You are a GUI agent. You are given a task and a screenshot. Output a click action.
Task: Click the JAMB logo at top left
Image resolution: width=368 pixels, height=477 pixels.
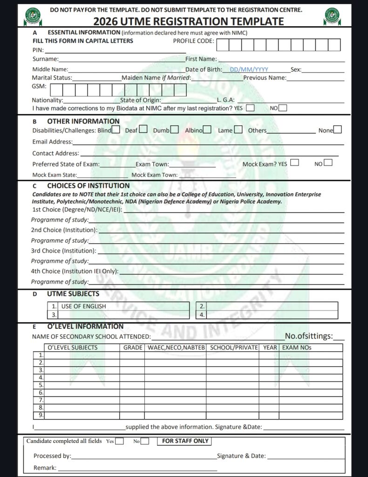pos(32,17)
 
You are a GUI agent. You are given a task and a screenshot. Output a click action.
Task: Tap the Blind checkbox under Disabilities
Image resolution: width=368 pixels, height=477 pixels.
pos(116,130)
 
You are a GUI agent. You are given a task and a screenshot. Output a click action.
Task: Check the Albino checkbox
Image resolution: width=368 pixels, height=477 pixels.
pos(207,130)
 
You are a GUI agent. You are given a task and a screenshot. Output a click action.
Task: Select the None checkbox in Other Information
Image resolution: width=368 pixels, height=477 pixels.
pos(338,130)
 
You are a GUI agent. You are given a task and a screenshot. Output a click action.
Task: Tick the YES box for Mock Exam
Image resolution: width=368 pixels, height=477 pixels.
pos(294,163)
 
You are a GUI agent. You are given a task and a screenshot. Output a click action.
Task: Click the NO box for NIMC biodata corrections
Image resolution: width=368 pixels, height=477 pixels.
pos(283,108)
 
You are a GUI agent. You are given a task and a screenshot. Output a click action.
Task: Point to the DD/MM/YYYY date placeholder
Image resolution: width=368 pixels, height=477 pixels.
pos(249,69)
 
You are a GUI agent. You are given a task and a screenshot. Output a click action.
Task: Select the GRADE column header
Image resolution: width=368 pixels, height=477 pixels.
pos(132,348)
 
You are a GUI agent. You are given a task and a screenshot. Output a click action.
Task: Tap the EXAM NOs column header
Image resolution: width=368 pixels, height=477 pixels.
pos(297,348)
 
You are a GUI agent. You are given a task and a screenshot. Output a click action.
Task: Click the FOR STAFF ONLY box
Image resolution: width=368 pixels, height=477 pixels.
pos(185,441)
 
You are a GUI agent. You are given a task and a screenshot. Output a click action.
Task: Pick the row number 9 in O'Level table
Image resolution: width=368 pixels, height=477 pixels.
pos(41,415)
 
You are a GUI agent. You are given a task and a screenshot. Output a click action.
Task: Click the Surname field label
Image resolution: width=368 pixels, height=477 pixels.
pos(45,59)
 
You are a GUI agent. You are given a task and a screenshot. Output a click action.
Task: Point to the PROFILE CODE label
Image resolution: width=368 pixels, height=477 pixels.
pos(193,41)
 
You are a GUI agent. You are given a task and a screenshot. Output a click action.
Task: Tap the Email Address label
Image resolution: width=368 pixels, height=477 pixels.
pos(52,142)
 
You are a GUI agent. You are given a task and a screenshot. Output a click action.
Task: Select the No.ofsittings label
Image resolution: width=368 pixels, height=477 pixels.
pos(308,336)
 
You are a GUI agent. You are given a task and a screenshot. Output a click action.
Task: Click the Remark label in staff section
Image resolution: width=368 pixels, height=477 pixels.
pos(45,468)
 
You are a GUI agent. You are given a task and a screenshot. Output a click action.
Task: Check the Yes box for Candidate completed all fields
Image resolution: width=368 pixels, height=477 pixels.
pos(120,441)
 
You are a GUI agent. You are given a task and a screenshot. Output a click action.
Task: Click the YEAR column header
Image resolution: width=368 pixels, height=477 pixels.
pos(270,348)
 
